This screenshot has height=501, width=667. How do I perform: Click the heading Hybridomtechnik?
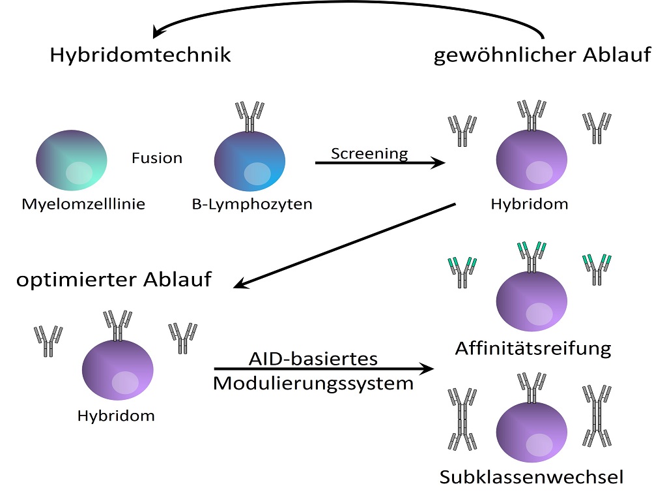point(140,55)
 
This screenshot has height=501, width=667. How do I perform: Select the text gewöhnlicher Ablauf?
point(542,55)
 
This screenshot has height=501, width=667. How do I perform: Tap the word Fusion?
point(157,158)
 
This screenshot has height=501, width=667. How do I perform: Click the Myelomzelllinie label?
point(83,204)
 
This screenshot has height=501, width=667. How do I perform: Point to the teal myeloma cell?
point(72,160)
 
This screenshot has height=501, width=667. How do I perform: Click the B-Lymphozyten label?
point(252,204)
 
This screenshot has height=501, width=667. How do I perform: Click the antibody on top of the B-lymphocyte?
point(250,116)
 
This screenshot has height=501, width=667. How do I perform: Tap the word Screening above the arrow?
point(369,153)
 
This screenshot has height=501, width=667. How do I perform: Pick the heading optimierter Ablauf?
point(114,280)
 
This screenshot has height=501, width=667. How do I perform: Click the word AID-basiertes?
point(313,359)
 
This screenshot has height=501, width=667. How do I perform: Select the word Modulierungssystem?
point(313,383)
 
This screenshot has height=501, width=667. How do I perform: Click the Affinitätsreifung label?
point(533,348)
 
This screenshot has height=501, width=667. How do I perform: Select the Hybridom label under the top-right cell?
point(530,204)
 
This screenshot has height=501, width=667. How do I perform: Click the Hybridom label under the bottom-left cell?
point(116,416)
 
